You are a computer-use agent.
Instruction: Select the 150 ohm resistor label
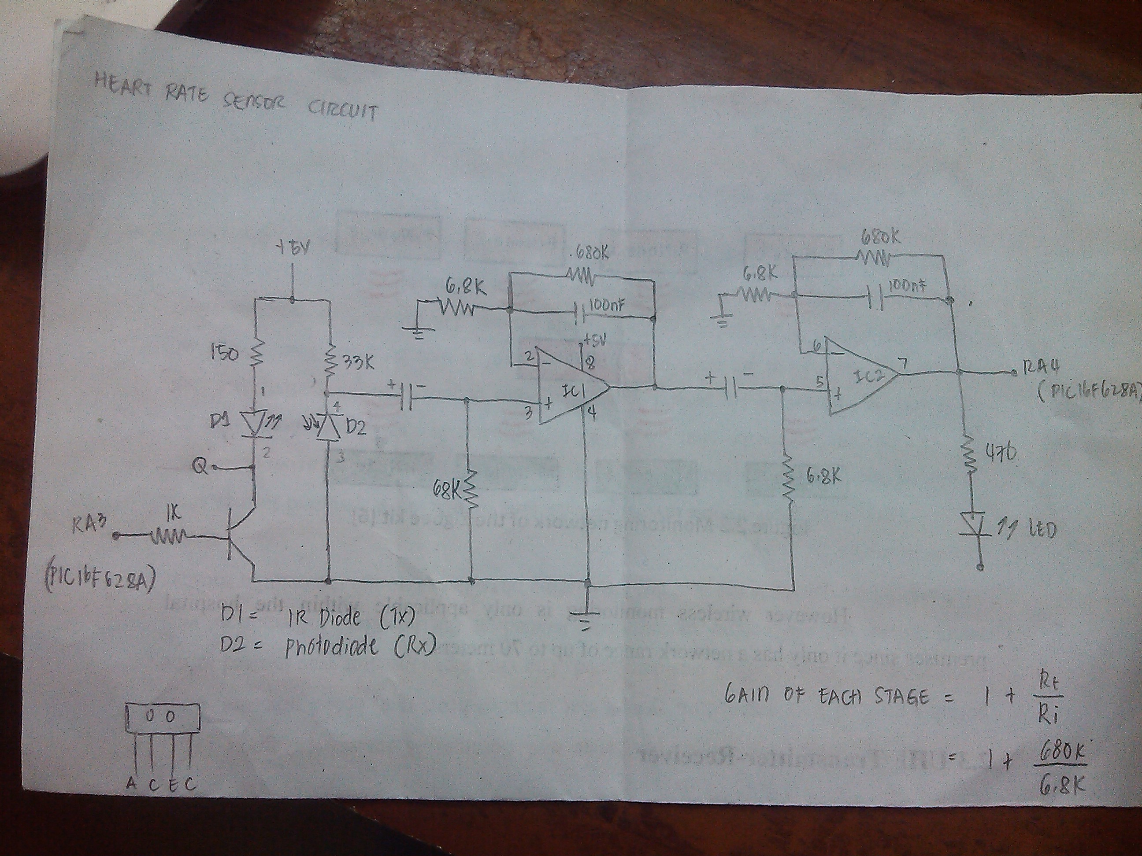(225, 354)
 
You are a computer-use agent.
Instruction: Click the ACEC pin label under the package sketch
(161, 785)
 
